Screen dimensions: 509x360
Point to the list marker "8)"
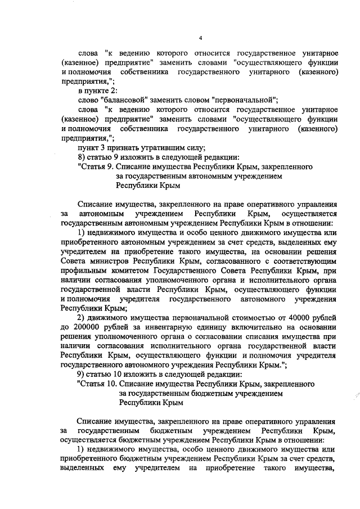(x=82, y=157)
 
